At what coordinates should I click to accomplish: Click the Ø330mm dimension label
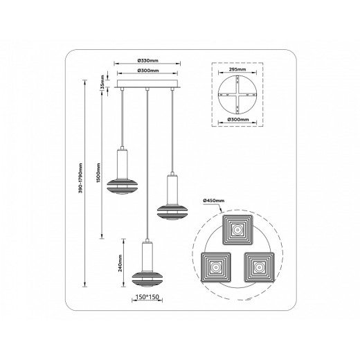click(x=148, y=60)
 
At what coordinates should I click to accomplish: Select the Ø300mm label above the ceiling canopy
click(x=148, y=71)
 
